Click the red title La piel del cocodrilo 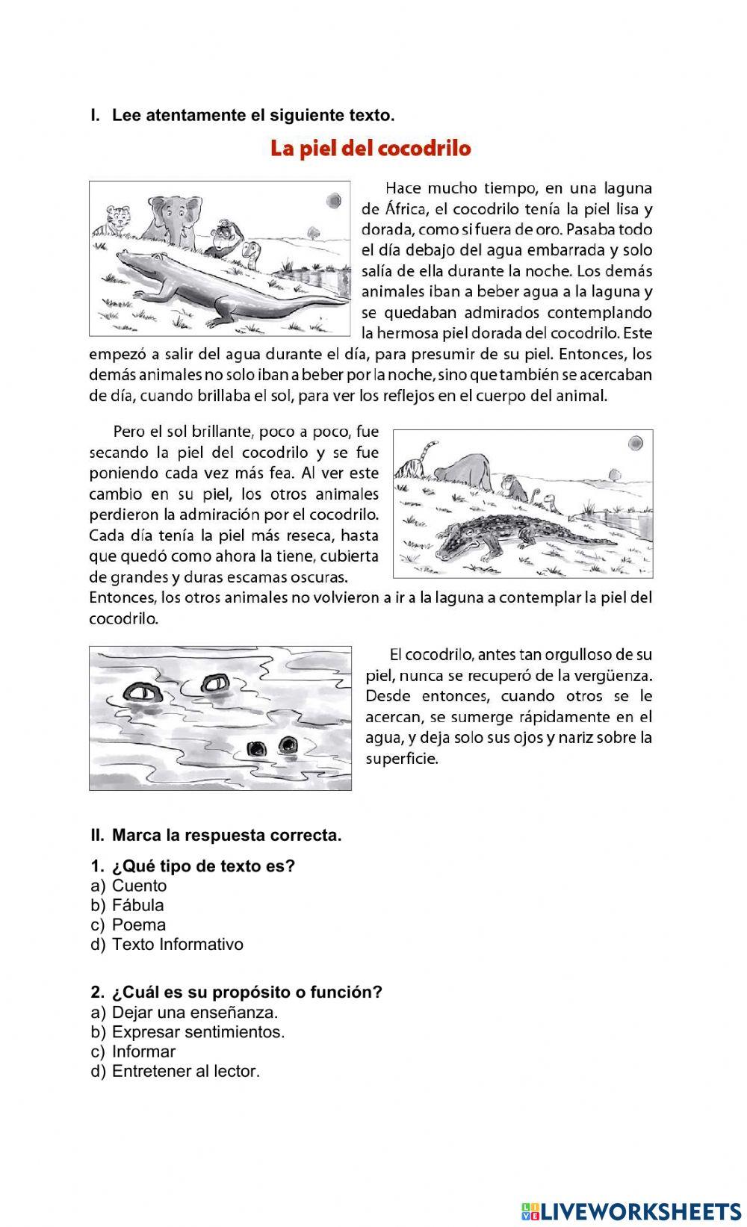tap(371, 148)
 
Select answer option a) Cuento tap(139, 886)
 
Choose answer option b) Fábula tap(137, 905)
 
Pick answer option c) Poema tap(138, 925)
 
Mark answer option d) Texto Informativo tap(177, 944)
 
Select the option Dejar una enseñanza tap(194, 1013)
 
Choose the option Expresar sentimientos tap(198, 1032)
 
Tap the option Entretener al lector tap(185, 1071)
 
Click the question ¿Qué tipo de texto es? tap(203, 866)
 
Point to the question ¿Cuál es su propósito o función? tap(247, 993)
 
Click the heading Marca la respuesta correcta tap(226, 836)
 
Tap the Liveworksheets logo tap(630, 1210)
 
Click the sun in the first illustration tap(332, 200)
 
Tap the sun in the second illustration tap(636, 443)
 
